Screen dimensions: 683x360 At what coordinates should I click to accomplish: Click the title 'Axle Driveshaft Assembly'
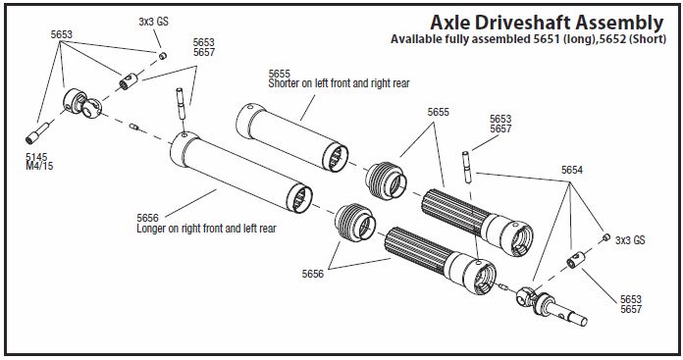(x=547, y=23)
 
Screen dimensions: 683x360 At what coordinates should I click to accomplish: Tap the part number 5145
(x=36, y=157)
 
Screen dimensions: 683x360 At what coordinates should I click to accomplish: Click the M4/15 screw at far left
(x=37, y=132)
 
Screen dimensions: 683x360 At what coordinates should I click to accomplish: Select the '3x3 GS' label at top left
(x=153, y=22)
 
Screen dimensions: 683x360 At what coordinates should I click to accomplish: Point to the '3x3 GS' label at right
(x=630, y=240)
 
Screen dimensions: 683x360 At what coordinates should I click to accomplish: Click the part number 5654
(x=571, y=170)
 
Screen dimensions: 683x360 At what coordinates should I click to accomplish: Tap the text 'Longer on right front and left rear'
(x=206, y=229)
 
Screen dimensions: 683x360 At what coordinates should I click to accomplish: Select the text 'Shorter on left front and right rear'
(x=339, y=83)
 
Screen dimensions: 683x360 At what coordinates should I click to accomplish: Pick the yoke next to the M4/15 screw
(x=82, y=105)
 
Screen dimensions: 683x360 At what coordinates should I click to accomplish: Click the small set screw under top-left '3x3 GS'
(x=163, y=55)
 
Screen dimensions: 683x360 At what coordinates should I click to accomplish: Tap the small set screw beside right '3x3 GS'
(x=605, y=236)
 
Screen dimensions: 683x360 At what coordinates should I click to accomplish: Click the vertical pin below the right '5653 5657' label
(x=466, y=167)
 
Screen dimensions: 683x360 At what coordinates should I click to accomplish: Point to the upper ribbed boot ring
(x=386, y=180)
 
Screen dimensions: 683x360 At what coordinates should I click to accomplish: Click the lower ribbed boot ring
(x=354, y=223)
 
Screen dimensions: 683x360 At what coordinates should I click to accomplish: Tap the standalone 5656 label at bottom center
(x=313, y=274)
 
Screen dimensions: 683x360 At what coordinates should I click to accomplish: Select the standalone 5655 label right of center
(x=439, y=112)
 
